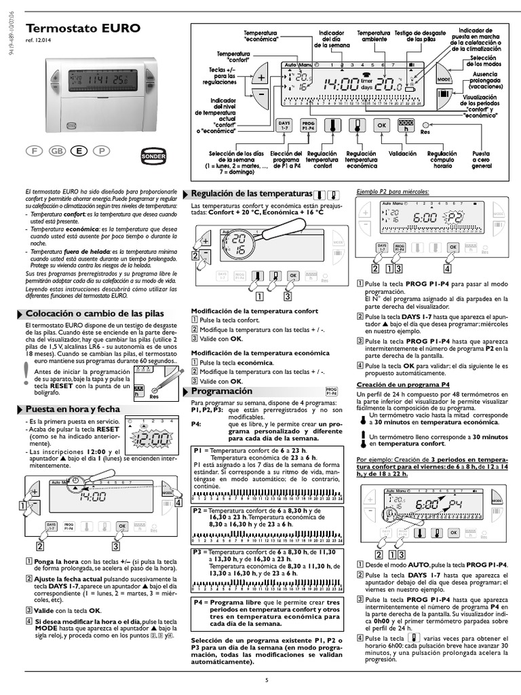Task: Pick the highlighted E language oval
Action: click(79, 151)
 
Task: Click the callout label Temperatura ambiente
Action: click(374, 36)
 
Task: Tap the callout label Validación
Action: click(402, 154)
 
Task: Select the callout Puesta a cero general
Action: click(482, 160)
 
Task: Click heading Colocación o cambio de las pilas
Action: click(94, 314)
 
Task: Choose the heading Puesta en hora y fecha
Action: click(73, 409)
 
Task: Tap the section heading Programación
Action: click(222, 392)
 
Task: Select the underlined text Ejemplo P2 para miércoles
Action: click(393, 191)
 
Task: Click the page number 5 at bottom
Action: click(267, 680)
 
